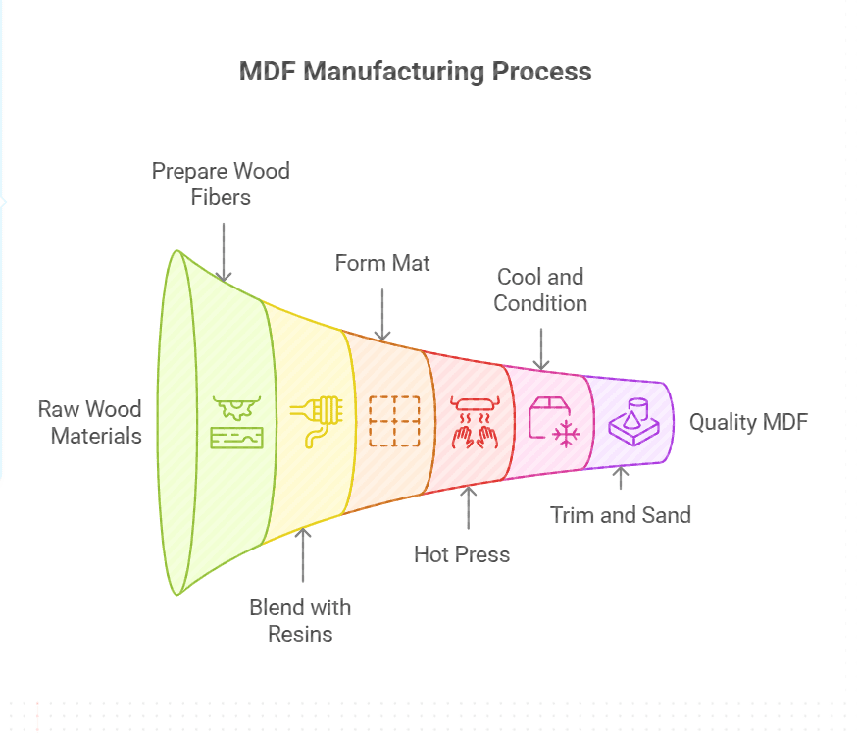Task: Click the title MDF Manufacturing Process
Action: point(415,72)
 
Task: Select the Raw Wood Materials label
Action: point(89,422)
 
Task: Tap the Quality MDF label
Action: point(749,422)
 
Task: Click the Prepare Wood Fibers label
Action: point(221,183)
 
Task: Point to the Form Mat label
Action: point(382,263)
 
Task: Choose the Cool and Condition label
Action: point(540,289)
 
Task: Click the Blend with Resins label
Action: point(300,620)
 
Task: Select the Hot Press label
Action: point(462,554)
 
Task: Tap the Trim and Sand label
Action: point(620,514)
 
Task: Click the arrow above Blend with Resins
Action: point(303,555)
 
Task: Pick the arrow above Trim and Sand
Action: point(619,478)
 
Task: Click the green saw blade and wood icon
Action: point(237,421)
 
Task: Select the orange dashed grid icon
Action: point(393,421)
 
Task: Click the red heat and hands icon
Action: point(475,421)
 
